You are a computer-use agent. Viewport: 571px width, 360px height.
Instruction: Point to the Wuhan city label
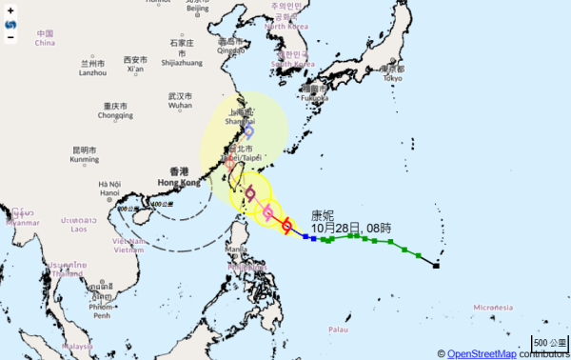pos(180,101)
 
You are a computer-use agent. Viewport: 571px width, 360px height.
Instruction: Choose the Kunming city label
pos(84,155)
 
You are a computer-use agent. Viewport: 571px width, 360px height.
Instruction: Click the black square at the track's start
pos(436,265)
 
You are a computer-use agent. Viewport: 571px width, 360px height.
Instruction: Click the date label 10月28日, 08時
pos(349,228)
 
